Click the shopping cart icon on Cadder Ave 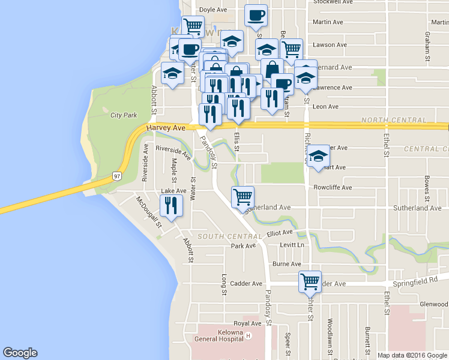tap(310, 281)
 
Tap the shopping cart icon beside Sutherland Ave tap(243, 196)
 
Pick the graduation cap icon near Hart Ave tap(319, 155)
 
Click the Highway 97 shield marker tap(118, 176)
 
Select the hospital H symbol tap(247, 336)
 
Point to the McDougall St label tap(148, 212)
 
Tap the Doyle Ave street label tap(212, 10)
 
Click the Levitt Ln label tap(292, 245)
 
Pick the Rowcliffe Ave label tap(333, 187)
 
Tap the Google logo tap(20, 353)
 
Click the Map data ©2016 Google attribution tap(412, 355)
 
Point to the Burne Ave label tap(286, 264)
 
